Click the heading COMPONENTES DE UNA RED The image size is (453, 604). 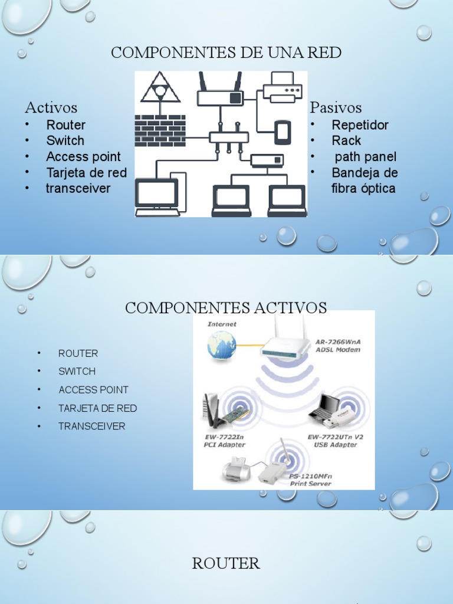(226, 52)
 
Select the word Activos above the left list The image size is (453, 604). (51, 107)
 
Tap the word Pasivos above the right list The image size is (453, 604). (336, 107)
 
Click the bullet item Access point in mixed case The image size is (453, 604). (83, 156)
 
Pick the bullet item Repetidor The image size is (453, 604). (360, 125)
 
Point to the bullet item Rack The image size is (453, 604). (346, 140)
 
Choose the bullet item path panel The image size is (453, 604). (365, 157)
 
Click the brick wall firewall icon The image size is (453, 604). (160, 130)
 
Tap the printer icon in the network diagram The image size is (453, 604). (283, 87)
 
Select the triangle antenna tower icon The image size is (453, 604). (160, 87)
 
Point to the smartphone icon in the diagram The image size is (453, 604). (283, 133)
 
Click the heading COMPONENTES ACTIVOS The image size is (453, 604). (226, 308)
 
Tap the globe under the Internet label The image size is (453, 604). (221, 346)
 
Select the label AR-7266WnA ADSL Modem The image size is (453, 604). (338, 346)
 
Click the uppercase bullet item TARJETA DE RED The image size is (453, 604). (97, 408)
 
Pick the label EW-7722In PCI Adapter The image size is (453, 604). (224, 441)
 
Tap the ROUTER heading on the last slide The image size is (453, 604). (226, 563)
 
